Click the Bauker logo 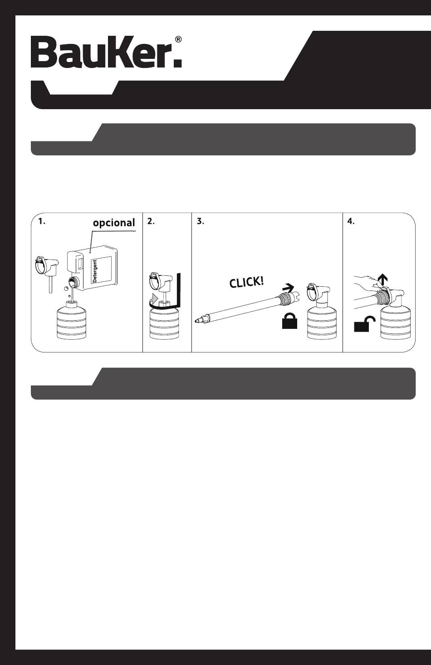[x=106, y=52]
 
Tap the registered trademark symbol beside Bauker [x=178, y=40]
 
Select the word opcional [x=114, y=223]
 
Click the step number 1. [x=42, y=222]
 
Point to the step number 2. [x=151, y=222]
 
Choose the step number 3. [x=201, y=222]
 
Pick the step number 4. [x=351, y=222]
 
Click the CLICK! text [x=246, y=282]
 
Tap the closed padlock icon [x=289, y=321]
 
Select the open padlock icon [x=364, y=324]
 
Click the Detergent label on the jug [x=94, y=270]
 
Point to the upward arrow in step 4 [x=383, y=279]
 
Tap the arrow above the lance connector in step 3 [x=288, y=287]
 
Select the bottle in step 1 [x=71, y=320]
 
